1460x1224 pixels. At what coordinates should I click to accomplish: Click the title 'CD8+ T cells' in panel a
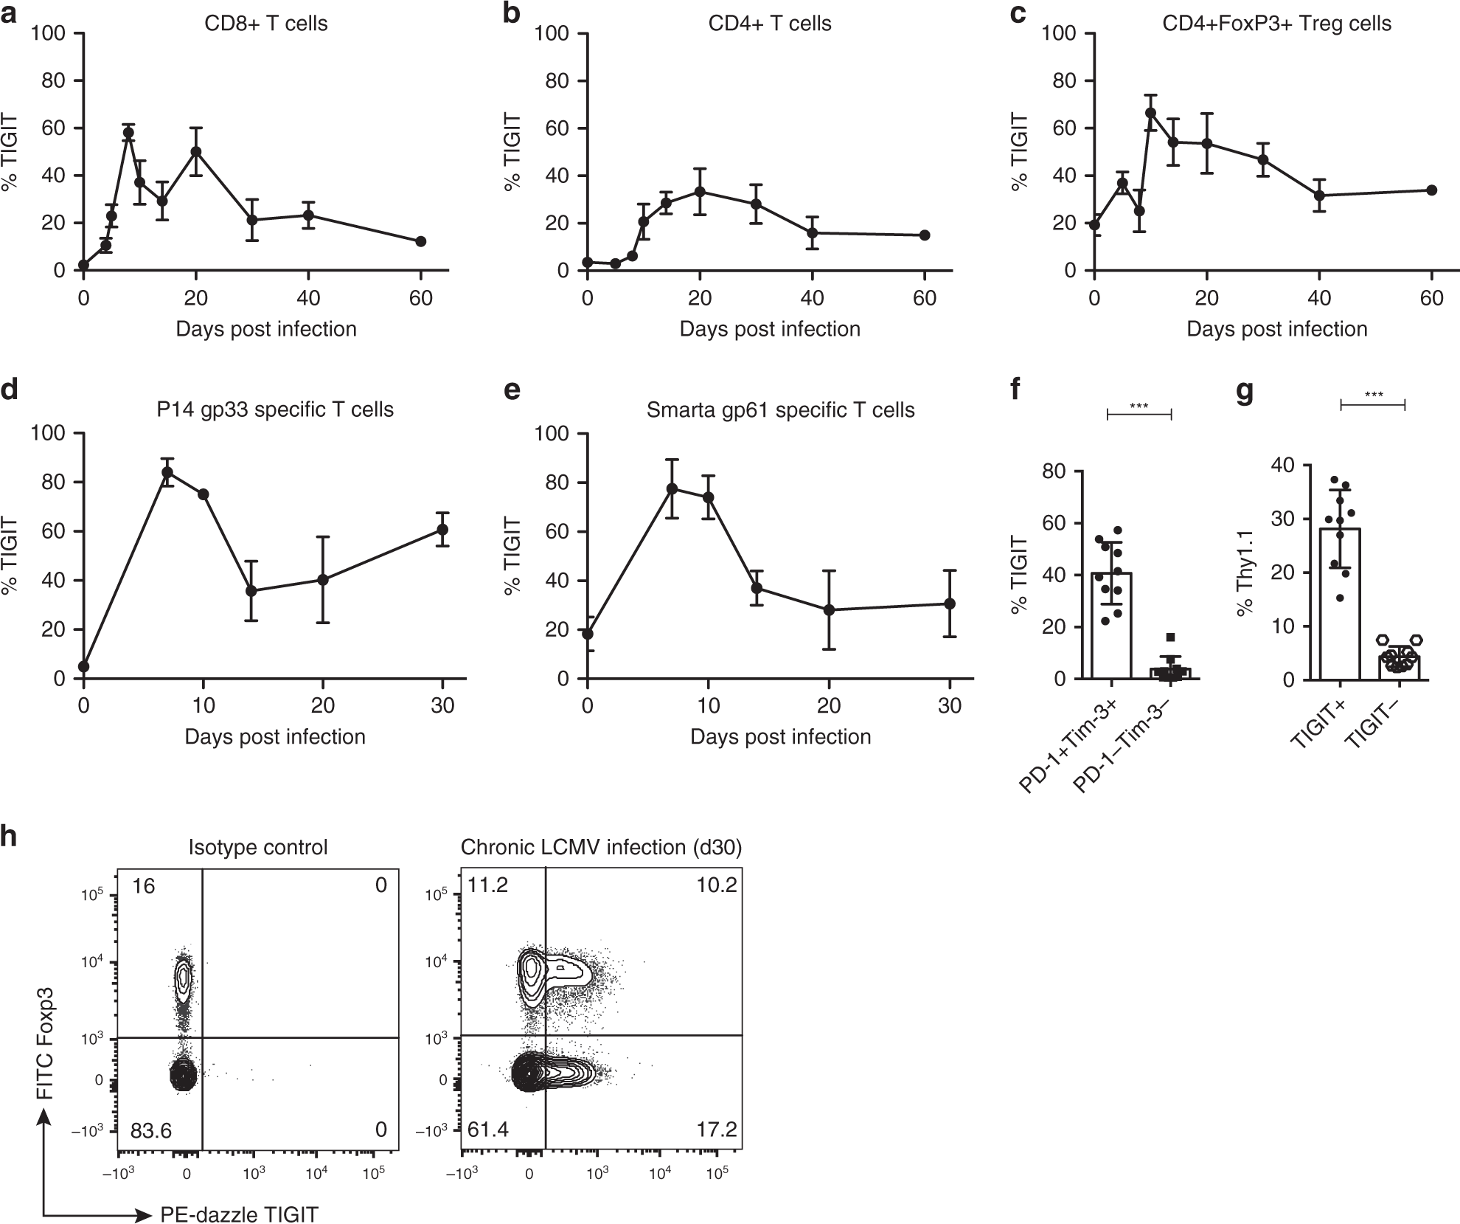266,24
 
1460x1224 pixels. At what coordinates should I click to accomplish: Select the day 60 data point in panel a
421,241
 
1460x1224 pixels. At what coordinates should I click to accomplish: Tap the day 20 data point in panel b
700,192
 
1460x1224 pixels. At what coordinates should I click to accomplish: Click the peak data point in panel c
1150,113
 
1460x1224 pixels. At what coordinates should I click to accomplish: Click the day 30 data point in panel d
442,529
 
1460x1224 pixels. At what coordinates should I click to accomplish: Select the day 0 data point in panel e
587,634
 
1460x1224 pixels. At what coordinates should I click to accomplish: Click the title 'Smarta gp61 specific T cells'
780,410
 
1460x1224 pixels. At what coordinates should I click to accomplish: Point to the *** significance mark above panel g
1373,395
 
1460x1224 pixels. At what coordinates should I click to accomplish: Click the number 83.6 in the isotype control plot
152,1130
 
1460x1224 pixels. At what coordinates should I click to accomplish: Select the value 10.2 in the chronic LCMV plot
716,885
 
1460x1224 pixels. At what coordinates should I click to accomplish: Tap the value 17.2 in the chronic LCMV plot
717,1130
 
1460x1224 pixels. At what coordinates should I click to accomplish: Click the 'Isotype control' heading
258,847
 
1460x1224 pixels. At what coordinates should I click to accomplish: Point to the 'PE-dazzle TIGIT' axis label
240,1214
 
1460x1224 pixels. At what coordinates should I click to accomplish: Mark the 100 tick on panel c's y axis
1060,34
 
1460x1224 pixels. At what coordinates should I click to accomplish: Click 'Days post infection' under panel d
275,737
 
